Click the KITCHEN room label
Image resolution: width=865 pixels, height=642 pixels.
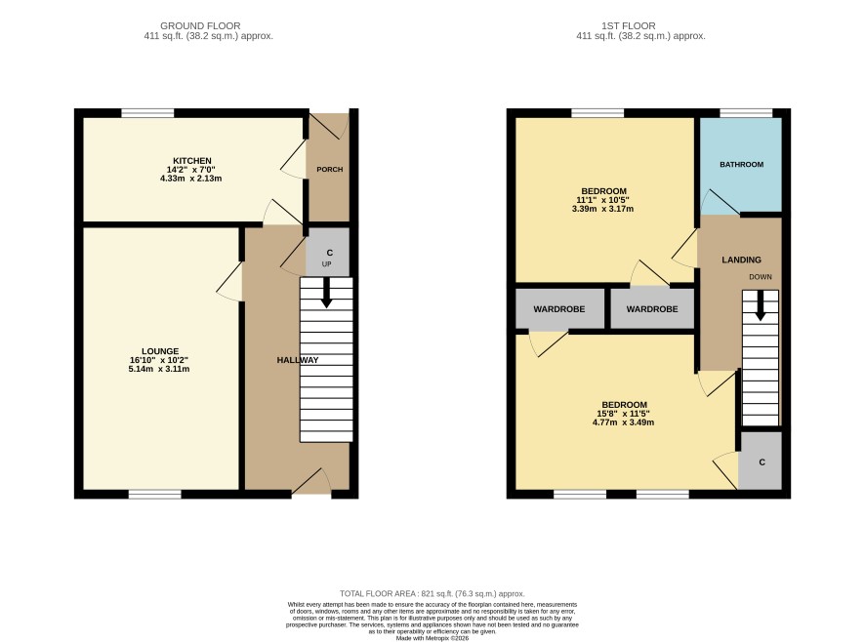click(192, 161)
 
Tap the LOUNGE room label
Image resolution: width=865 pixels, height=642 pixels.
click(160, 351)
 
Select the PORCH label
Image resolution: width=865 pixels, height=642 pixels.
click(329, 170)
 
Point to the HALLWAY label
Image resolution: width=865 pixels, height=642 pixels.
click(298, 360)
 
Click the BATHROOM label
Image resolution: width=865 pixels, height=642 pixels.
click(741, 164)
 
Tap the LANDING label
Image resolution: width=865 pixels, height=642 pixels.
click(741, 260)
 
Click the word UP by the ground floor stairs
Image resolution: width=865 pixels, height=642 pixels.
click(327, 264)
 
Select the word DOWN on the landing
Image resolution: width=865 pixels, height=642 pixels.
click(761, 277)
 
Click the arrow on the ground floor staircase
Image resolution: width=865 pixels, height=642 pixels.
click(327, 293)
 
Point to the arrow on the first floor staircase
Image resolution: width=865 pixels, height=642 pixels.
click(761, 305)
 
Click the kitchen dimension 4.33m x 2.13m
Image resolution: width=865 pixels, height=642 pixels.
click(191, 179)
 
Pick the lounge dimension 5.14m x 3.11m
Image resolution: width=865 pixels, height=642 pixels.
click(159, 369)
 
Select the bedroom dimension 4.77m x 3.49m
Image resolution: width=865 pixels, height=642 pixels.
click(624, 422)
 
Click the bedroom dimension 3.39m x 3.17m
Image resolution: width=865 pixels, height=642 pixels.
click(603, 209)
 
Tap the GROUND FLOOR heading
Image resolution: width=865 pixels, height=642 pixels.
click(200, 26)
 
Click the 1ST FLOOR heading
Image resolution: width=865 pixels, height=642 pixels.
click(629, 26)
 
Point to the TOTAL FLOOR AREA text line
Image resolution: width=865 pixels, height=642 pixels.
click(432, 594)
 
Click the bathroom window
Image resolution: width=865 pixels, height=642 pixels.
click(746, 113)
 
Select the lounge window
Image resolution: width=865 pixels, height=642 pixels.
click(155, 495)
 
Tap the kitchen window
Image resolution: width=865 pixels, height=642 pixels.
click(147, 113)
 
